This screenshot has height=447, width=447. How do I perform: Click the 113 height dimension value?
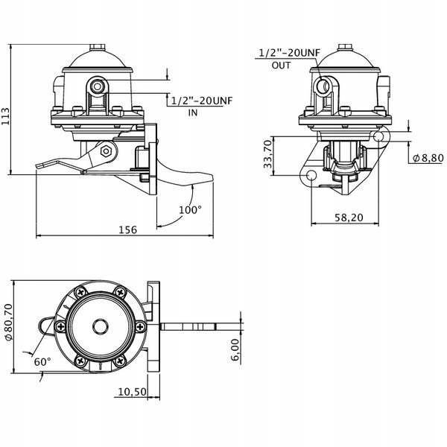(x=5, y=116)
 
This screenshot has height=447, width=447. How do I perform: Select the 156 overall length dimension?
(x=127, y=229)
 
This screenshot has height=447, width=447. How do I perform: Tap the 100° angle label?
(x=190, y=210)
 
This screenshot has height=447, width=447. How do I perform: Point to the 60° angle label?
(x=42, y=362)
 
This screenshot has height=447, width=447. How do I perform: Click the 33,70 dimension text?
(x=268, y=154)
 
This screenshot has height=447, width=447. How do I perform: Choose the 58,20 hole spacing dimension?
(x=349, y=218)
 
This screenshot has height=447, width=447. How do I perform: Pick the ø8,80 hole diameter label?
(x=428, y=158)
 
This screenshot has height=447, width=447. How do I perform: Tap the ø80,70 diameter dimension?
(x=8, y=322)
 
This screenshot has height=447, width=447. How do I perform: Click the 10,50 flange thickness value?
(x=132, y=392)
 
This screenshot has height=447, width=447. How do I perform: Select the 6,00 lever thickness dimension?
(x=235, y=350)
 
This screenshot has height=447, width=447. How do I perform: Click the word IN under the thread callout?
(x=193, y=113)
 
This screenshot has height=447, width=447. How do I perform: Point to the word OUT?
(x=281, y=66)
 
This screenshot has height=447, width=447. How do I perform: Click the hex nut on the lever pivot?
(x=106, y=151)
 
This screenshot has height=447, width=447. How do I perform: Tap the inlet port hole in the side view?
(x=98, y=86)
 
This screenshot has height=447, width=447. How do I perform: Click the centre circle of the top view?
(x=101, y=326)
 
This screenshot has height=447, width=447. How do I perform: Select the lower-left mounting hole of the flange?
(x=311, y=174)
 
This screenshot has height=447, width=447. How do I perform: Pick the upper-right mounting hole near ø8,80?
(x=378, y=137)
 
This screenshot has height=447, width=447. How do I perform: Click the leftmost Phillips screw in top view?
(x=60, y=326)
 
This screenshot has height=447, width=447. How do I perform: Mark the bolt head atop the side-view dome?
(x=98, y=48)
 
